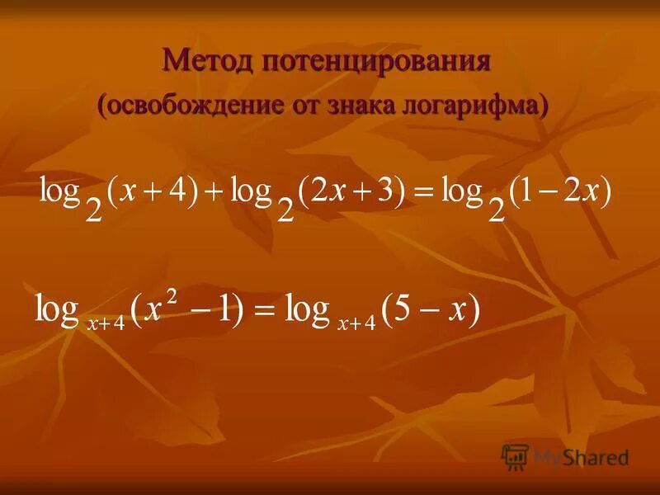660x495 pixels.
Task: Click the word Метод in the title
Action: coord(208,61)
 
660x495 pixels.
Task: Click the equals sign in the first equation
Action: coord(423,195)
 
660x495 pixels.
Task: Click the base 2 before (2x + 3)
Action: coord(285,210)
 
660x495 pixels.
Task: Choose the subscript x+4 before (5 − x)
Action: coord(356,323)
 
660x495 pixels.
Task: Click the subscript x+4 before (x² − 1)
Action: coord(106,323)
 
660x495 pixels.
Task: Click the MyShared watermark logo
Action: coord(565,455)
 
